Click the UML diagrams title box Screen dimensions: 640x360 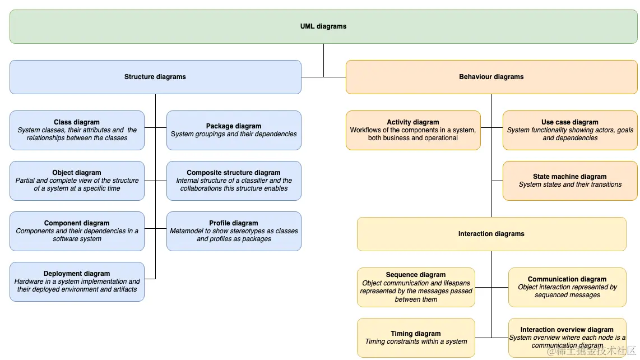tap(323, 26)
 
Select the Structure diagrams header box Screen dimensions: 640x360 tap(155, 77)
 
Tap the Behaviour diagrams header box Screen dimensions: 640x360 tap(491, 77)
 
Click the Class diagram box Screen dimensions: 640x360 tap(77, 130)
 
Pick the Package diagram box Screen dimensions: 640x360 tap(234, 130)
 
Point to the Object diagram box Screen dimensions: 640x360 tap(77, 181)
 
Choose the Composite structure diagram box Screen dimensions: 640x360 tap(234, 181)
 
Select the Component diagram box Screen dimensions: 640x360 tap(77, 231)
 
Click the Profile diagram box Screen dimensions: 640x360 tap(234, 231)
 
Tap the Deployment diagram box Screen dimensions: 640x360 tap(77, 282)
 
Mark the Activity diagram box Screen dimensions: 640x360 tap(413, 130)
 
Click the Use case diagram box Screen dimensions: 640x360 tap(570, 130)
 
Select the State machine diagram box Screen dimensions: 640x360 tap(570, 181)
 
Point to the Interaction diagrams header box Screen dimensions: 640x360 tap(491, 234)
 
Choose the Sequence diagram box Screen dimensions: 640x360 tap(416, 287)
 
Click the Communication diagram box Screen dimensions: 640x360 tap(567, 287)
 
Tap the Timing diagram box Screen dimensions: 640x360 tap(416, 338)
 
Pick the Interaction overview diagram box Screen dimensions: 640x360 tap(567, 338)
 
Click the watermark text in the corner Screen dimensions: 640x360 tap(591, 351)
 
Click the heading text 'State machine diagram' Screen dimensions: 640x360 tap(570, 177)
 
